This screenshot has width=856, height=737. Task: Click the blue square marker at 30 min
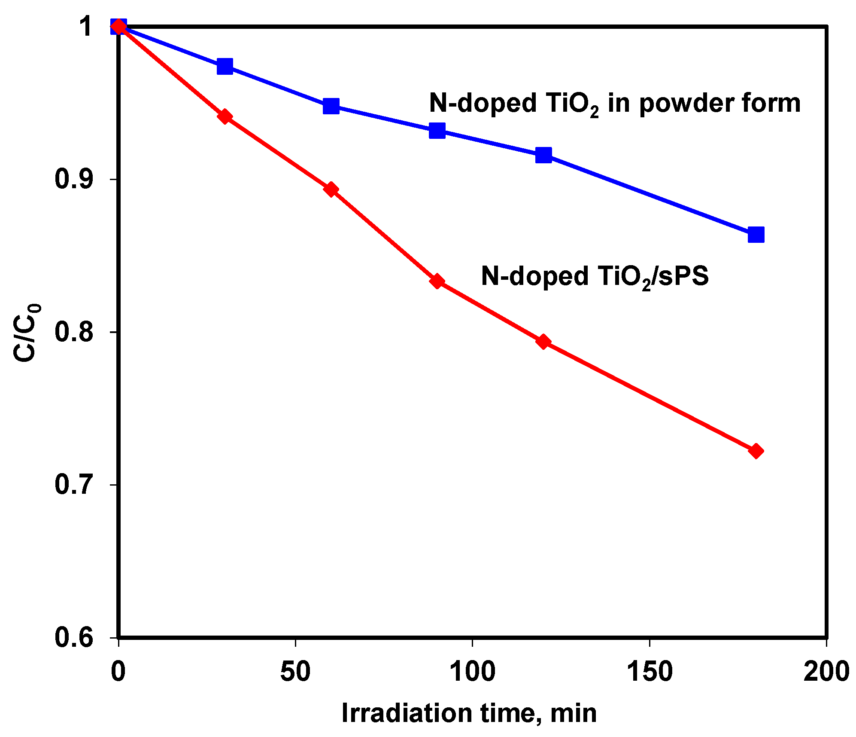coord(225,66)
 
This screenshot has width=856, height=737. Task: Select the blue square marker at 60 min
coord(331,106)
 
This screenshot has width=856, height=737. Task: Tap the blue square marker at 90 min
coord(437,130)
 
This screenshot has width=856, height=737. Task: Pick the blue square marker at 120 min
coord(543,155)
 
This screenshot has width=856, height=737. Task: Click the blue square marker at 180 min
coord(756,235)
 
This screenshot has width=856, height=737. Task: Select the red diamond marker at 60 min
coord(331,189)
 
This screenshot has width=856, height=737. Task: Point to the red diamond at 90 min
coord(437,281)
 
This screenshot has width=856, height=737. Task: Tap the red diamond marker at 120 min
coord(543,342)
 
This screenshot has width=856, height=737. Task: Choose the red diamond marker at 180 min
coord(756,451)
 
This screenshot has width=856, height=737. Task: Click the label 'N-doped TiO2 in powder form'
coord(614,104)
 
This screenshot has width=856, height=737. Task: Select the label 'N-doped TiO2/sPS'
coord(595,276)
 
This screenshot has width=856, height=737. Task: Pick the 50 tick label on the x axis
coord(295,672)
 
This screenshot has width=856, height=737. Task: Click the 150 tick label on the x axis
coord(649,672)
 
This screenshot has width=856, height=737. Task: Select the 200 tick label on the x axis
coord(826,672)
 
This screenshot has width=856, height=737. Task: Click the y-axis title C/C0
coord(27,332)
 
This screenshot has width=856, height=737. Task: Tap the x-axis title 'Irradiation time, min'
coord(469,714)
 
